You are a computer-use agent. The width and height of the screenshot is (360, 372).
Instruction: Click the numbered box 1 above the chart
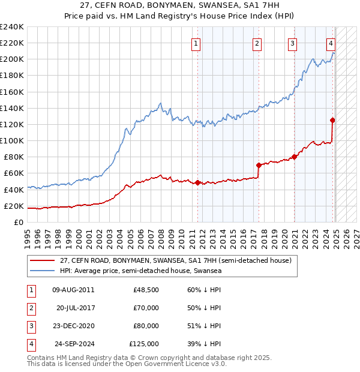point(196,43)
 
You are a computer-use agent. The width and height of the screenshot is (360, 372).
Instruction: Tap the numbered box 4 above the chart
point(331,43)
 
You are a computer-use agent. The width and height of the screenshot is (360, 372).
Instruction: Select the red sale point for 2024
point(332,120)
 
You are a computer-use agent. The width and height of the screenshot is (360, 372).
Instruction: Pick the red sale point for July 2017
point(259,165)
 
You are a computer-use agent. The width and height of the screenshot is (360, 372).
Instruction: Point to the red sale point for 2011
point(198,182)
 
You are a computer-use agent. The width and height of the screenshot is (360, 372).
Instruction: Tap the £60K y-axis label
point(14,173)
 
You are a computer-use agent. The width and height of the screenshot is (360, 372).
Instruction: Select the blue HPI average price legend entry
point(140,271)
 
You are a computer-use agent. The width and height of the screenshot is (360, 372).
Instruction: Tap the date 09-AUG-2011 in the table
point(73,290)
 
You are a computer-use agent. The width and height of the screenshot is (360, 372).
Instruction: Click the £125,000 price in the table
point(144,344)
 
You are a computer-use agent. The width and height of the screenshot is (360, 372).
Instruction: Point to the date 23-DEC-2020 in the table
point(73,326)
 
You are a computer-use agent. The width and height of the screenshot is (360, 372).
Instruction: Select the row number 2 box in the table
point(31,308)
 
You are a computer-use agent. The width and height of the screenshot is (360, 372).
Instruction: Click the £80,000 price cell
point(146,326)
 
